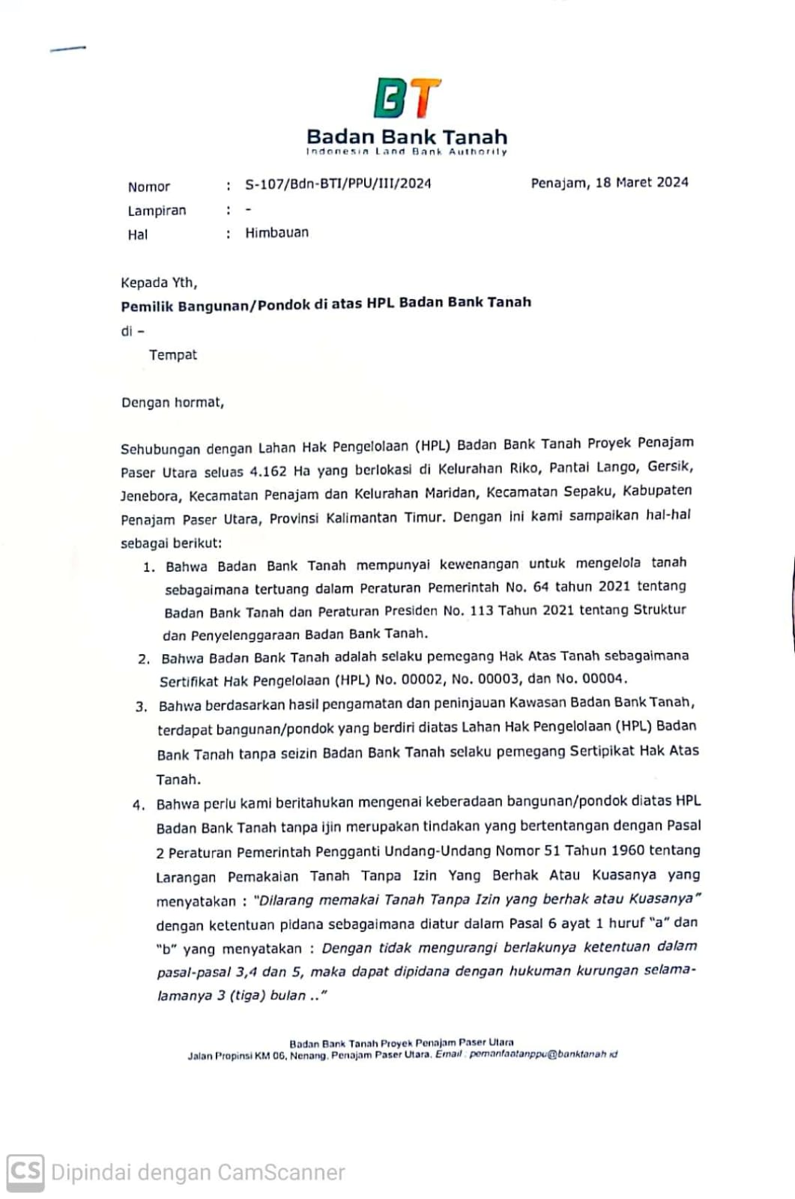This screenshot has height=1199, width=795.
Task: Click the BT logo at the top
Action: pyautogui.click(x=407, y=99)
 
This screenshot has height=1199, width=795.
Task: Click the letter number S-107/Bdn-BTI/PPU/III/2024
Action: pyautogui.click(x=338, y=184)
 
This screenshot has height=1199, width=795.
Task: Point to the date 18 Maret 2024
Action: pyautogui.click(x=641, y=182)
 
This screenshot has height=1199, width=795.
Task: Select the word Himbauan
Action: pyautogui.click(x=276, y=232)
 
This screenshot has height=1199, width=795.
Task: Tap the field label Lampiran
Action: pyautogui.click(x=157, y=211)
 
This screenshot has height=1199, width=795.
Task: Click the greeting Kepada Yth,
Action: pyautogui.click(x=159, y=283)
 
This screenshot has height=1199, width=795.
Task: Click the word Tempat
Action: pyautogui.click(x=172, y=354)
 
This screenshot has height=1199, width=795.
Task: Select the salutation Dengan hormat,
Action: pyautogui.click(x=172, y=402)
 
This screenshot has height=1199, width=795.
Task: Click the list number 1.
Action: pyautogui.click(x=148, y=567)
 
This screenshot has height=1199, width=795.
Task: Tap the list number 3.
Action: pyautogui.click(x=141, y=707)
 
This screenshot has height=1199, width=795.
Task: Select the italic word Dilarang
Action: pyautogui.click(x=285, y=900)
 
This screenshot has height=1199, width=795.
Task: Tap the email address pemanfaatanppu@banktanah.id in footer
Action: pyautogui.click(x=542, y=1054)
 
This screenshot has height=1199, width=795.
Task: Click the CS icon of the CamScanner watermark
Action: pyautogui.click(x=25, y=1171)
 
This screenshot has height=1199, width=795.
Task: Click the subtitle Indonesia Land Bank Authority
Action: pyautogui.click(x=406, y=152)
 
